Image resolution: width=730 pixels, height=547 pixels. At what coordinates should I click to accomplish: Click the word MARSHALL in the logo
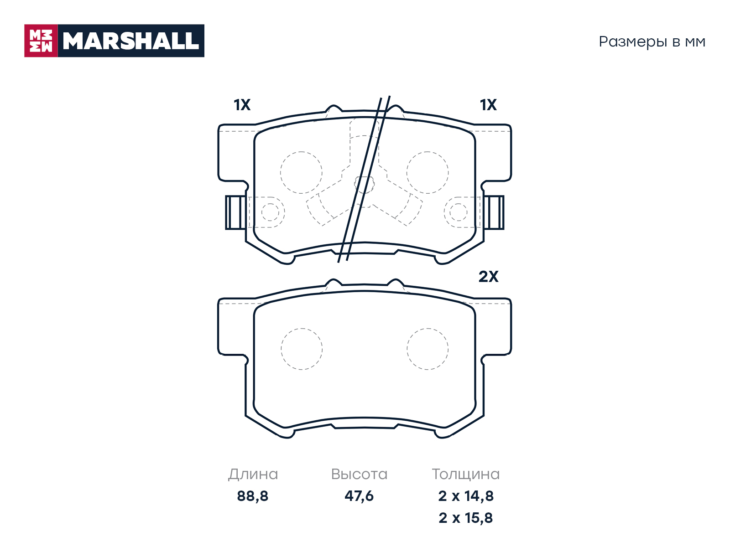click(x=131, y=41)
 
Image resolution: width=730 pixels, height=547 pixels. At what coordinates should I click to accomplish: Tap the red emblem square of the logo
click(x=41, y=41)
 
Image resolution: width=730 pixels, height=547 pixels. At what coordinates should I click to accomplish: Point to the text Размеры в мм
click(x=652, y=42)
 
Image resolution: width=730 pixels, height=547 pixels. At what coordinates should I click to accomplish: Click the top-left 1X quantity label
click(x=242, y=105)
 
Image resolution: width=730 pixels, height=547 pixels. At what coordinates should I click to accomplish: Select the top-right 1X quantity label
click(x=488, y=105)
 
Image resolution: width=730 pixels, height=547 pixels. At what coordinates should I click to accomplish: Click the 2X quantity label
click(x=488, y=276)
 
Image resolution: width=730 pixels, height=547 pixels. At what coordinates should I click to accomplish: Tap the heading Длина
click(x=253, y=474)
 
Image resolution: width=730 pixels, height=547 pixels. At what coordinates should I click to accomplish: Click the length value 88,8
click(x=252, y=496)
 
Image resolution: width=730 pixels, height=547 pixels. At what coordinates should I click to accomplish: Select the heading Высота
click(x=359, y=474)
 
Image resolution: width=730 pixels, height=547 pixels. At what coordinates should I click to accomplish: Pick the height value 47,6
click(x=359, y=496)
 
